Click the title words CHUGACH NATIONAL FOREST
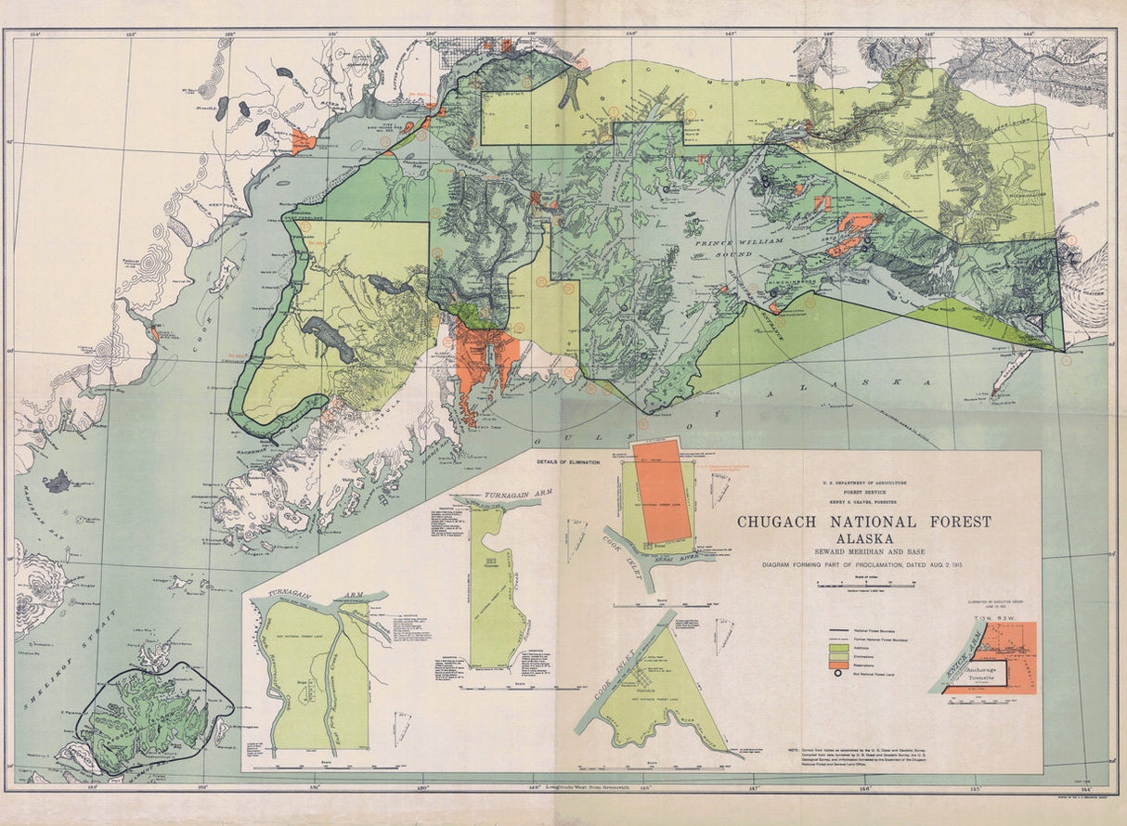863,523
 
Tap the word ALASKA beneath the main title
864,539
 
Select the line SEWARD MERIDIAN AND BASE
863,552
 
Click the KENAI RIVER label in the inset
688,556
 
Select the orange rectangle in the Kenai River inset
660,492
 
